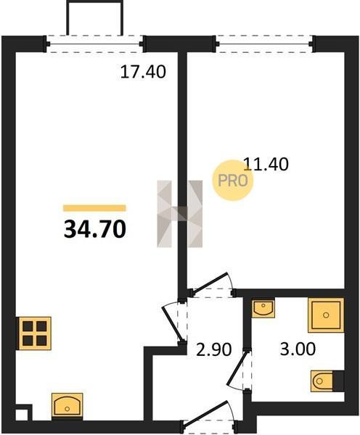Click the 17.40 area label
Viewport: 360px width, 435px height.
tap(143, 72)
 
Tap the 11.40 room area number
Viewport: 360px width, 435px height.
tap(266, 164)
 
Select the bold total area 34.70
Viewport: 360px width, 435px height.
tap(95, 229)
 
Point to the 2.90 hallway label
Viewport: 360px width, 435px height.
tap(213, 349)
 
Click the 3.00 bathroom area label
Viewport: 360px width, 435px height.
tap(298, 349)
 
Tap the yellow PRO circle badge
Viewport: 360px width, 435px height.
tap(233, 181)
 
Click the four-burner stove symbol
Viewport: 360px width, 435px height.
tap(35, 333)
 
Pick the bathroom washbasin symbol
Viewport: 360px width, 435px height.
tap(263, 307)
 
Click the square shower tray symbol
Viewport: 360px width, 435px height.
tap(326, 315)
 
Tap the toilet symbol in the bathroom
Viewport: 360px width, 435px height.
tap(327, 381)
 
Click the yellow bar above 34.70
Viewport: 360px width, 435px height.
tap(94, 208)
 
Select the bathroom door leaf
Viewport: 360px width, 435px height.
tap(237, 368)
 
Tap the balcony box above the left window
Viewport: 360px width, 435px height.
tap(94, 17)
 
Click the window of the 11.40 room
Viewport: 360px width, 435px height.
tap(265, 43)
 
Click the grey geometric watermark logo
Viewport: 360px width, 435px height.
tap(180, 214)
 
